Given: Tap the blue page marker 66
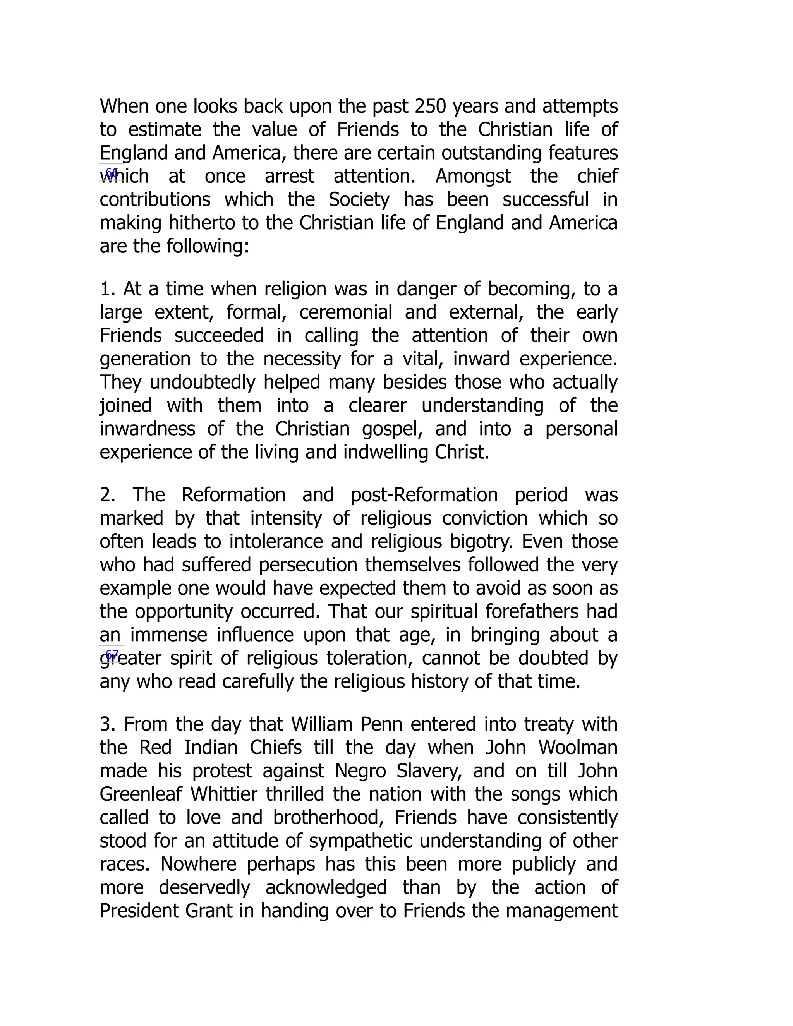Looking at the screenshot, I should [x=112, y=172].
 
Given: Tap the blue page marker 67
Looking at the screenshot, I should [x=112, y=654].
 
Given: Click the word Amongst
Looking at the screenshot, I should [x=473, y=177].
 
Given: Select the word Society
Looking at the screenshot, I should [x=359, y=200].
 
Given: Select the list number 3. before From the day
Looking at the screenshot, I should [x=108, y=724].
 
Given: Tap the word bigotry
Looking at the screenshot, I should [x=479, y=542].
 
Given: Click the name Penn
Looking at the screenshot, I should [x=381, y=724].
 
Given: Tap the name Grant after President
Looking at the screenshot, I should [x=209, y=911].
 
